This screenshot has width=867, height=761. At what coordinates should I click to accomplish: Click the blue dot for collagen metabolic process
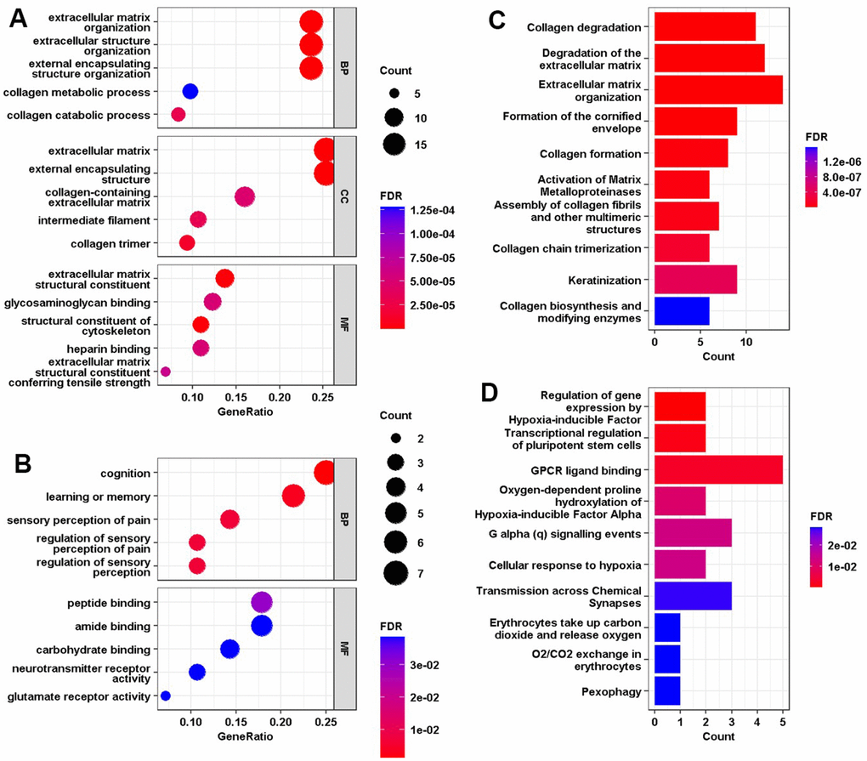point(190,91)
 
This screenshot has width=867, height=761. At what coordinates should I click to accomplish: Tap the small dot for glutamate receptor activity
point(166,696)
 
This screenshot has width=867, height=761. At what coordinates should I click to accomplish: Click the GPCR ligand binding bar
point(717,469)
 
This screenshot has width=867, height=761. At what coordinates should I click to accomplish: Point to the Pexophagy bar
point(667,691)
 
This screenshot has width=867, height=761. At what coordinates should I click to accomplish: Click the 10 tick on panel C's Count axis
point(745,342)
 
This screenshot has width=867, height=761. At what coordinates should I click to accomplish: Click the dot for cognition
point(325,473)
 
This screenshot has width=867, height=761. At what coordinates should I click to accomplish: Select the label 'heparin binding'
point(113,349)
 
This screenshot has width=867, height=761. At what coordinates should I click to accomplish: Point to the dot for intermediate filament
point(198,219)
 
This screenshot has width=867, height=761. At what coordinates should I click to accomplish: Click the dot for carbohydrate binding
point(229,649)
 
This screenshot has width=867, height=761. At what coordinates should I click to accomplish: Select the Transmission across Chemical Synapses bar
point(693,595)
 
